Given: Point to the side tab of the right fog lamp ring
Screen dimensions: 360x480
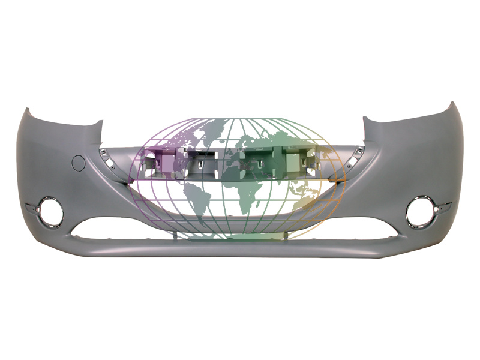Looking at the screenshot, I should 444,208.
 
